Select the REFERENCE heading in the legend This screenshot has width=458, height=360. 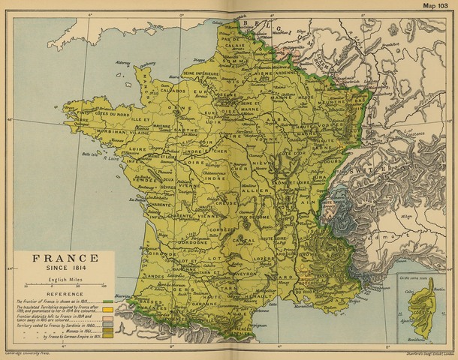click(x=65, y=294)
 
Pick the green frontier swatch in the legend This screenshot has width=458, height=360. click(x=109, y=301)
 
